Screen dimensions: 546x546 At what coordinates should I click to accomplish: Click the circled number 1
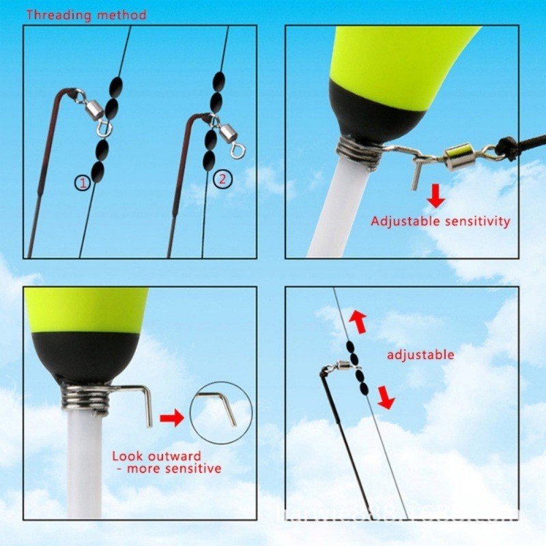[x=83, y=182]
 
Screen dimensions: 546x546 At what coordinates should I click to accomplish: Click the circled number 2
[x=222, y=179]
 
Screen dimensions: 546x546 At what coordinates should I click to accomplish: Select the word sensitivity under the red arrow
[x=477, y=221]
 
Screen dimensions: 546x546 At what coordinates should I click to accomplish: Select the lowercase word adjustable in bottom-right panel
[x=420, y=354]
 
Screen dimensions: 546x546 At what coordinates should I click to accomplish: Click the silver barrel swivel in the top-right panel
[x=459, y=158]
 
